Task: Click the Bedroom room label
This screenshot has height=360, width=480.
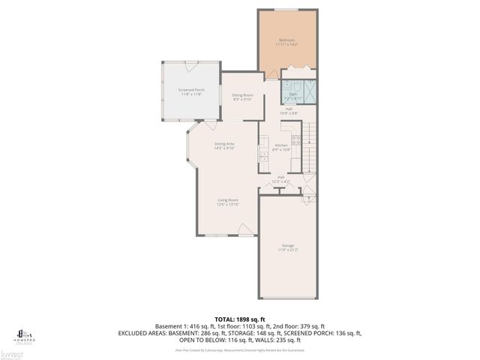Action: click(286, 40)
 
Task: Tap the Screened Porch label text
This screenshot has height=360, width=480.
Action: click(191, 89)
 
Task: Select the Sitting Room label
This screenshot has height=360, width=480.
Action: click(242, 95)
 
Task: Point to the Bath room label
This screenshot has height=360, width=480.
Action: click(294, 94)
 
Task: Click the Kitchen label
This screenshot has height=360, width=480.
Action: click(281, 145)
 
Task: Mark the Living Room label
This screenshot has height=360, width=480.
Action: click(228, 199)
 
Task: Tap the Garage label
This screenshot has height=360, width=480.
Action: click(288, 245)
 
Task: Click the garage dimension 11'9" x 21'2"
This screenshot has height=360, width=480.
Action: click(288, 250)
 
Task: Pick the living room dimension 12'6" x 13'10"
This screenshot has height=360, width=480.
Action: click(228, 204)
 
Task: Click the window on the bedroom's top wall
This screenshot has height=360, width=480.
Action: click(286, 9)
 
